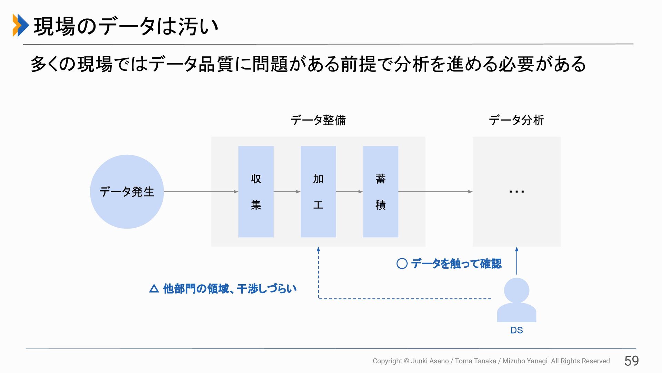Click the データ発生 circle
click(127, 192)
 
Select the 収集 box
click(256, 192)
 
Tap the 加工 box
click(318, 192)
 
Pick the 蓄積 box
click(380, 192)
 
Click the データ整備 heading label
click(318, 120)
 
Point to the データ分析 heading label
click(516, 120)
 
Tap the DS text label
click(516, 331)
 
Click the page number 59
click(631, 361)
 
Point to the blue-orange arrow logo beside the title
click(20, 25)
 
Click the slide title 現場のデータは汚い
click(126, 26)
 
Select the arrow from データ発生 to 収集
click(201, 192)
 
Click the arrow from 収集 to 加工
click(287, 192)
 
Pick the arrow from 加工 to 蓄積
click(349, 192)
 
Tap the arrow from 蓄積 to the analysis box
click(435, 192)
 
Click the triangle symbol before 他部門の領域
click(154, 288)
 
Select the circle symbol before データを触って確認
click(402, 264)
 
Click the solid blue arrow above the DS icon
click(516, 260)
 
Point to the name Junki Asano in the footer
click(430, 361)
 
